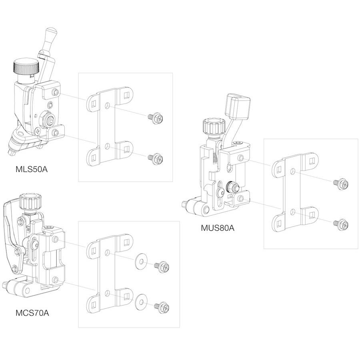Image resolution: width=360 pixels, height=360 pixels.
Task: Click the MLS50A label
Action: (x=32, y=169)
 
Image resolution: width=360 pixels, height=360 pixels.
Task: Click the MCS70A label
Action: (x=32, y=313)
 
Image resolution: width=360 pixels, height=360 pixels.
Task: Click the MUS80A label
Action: (x=218, y=228)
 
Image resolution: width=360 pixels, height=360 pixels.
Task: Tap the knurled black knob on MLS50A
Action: (x=26, y=66)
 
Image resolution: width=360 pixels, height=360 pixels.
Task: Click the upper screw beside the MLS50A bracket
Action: (x=156, y=118)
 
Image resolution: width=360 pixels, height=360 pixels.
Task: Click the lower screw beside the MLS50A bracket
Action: (x=156, y=158)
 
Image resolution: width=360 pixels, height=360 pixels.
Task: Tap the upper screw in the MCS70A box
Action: (x=162, y=267)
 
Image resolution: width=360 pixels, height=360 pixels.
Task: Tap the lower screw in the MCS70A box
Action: (x=162, y=307)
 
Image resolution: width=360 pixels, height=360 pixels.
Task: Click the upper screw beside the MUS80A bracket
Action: (x=341, y=184)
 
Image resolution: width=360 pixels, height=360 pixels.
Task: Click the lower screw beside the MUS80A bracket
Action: (x=341, y=224)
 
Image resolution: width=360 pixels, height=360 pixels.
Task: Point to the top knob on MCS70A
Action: (x=30, y=202)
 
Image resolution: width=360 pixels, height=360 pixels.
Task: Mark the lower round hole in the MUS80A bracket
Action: (x=292, y=212)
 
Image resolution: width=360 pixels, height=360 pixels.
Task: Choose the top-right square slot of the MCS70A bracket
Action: (x=126, y=242)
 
